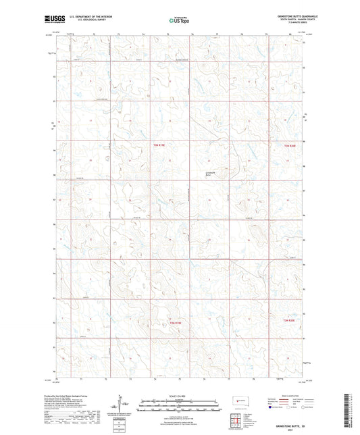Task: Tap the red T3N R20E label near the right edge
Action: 290,145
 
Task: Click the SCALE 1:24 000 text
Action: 180,395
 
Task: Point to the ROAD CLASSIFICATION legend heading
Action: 286,395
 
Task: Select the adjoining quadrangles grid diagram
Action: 236,421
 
